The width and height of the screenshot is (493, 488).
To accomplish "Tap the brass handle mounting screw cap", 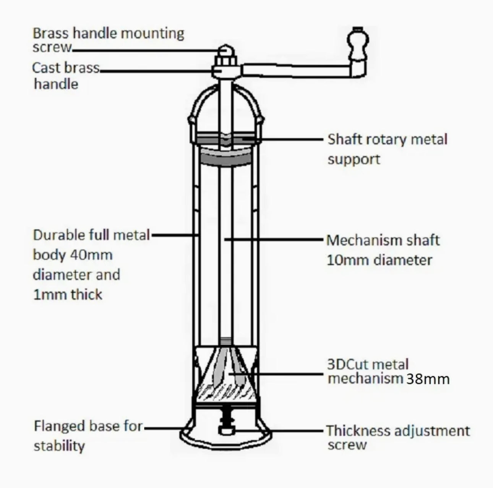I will pyautogui.click(x=226, y=50).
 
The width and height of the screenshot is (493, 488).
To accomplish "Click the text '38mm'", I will pyautogui.click(x=427, y=379).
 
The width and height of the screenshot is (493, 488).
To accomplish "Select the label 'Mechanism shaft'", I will pyautogui.click(x=383, y=240).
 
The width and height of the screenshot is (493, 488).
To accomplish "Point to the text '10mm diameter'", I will pyautogui.click(x=379, y=260).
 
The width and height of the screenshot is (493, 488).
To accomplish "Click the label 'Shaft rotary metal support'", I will pyautogui.click(x=387, y=149).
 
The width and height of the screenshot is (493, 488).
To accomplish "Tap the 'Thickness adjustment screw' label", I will pyautogui.click(x=397, y=437).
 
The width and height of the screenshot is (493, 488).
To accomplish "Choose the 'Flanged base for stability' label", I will pyautogui.click(x=88, y=436).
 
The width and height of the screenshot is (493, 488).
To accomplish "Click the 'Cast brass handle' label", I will pyautogui.click(x=65, y=76).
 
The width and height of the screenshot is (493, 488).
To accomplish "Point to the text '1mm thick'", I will pyautogui.click(x=68, y=295).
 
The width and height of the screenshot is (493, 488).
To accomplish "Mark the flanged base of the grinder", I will pyautogui.click(x=226, y=439).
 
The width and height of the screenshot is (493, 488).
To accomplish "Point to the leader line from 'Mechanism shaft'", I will pyautogui.click(x=275, y=240).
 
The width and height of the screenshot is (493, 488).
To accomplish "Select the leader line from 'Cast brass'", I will pyautogui.click(x=157, y=70).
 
